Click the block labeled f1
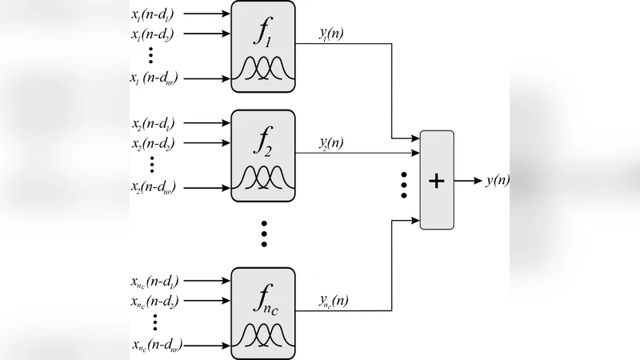point(262,46)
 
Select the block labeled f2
point(262,155)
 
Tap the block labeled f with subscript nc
point(262,312)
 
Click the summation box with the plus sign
point(436,180)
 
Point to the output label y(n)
point(497,181)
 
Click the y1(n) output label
point(331,35)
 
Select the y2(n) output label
point(331,144)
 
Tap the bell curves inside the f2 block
point(262,178)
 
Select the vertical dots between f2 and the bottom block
point(262,232)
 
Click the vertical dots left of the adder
point(405,184)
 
